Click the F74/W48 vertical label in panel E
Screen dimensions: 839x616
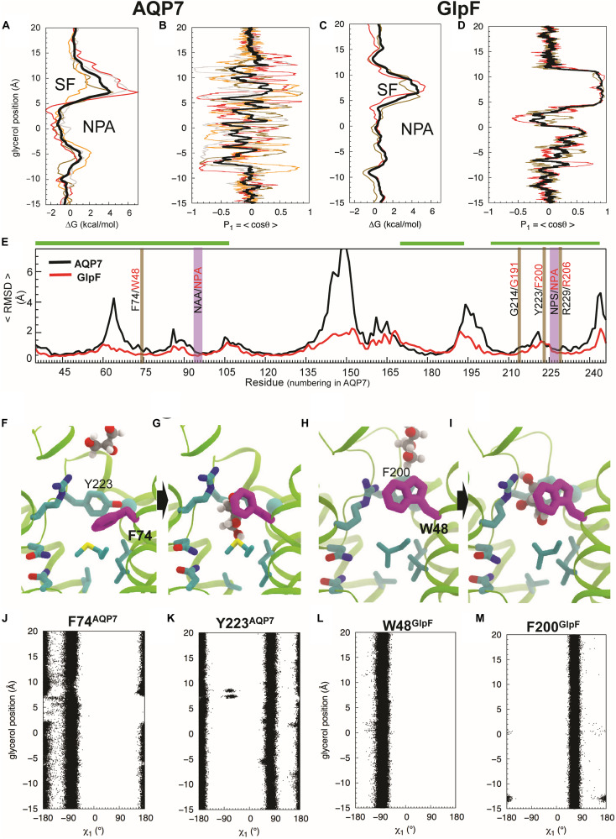click(x=135, y=291)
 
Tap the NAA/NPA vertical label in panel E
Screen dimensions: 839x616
click(x=198, y=291)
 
